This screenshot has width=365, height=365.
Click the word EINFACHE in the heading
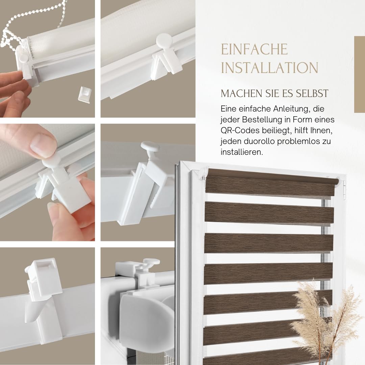click(x=254, y=49)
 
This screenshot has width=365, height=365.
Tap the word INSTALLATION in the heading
click(x=270, y=68)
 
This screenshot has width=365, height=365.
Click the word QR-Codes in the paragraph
click(x=240, y=130)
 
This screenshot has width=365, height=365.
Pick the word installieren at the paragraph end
click(x=242, y=152)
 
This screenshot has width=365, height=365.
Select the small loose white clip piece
click(x=84, y=94)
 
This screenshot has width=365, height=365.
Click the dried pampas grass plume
click(x=326, y=321)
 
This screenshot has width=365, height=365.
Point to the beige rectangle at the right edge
click(x=360, y=74)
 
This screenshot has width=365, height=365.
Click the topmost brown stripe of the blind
click(x=270, y=183)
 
